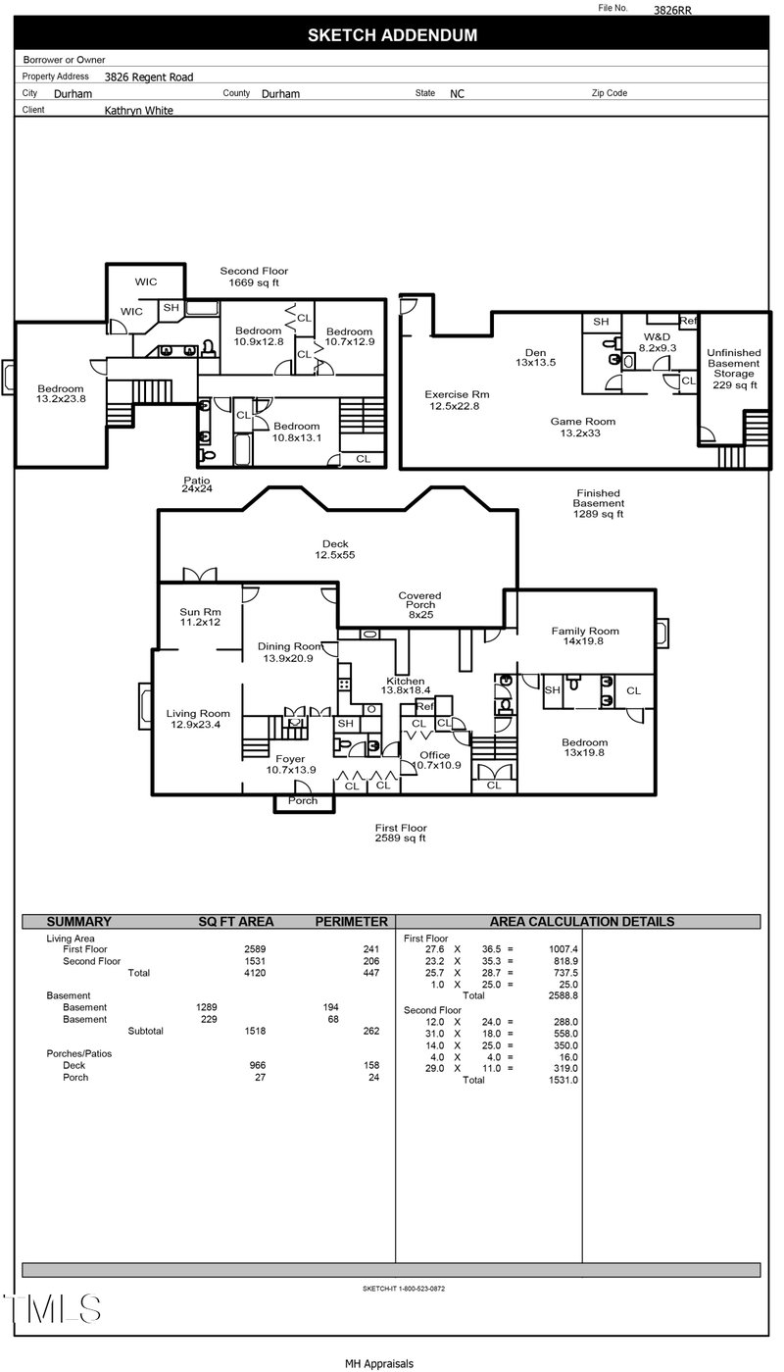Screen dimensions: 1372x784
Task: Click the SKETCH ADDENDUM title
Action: point(392,36)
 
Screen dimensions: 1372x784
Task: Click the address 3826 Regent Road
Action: point(149,76)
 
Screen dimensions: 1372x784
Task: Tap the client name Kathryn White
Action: point(138,111)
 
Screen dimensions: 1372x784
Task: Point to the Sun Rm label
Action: point(200,617)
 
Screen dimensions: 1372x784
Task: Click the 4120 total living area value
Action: point(255,973)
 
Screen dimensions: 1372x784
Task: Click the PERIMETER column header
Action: point(351,922)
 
